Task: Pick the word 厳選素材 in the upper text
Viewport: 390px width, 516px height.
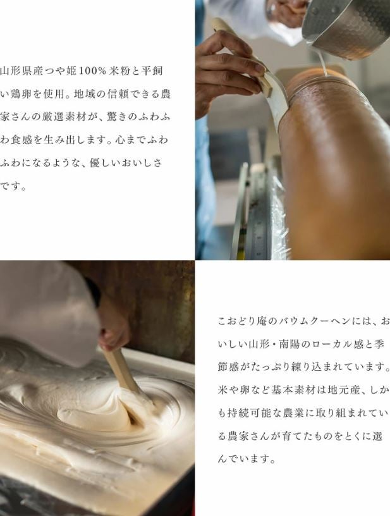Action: [63, 117]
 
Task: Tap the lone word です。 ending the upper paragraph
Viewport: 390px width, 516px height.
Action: [13, 187]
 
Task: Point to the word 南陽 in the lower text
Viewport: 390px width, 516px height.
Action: [289, 344]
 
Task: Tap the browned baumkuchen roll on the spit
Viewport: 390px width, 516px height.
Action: [336, 164]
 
